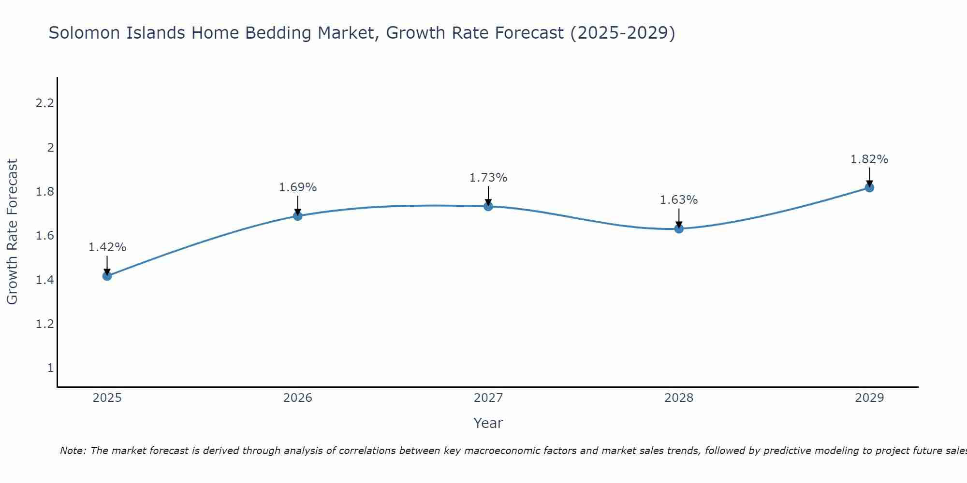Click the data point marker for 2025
click(x=107, y=276)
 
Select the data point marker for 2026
click(x=298, y=216)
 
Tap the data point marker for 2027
click(x=488, y=206)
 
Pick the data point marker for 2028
click(x=679, y=228)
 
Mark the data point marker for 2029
click(x=869, y=187)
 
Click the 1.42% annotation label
click(x=107, y=247)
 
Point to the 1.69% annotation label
click(x=298, y=187)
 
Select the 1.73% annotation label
click(x=488, y=178)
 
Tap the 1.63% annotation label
click(x=679, y=200)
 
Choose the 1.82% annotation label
click(x=869, y=159)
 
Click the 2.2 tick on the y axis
click(x=44, y=103)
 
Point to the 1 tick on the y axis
click(x=50, y=368)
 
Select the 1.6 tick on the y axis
click(x=44, y=236)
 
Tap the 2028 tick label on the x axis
click(x=679, y=398)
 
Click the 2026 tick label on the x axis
click(x=298, y=398)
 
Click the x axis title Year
click(x=488, y=423)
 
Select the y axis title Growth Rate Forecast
click(x=12, y=232)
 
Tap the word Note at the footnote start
click(x=73, y=451)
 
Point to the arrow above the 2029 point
click(x=869, y=176)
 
